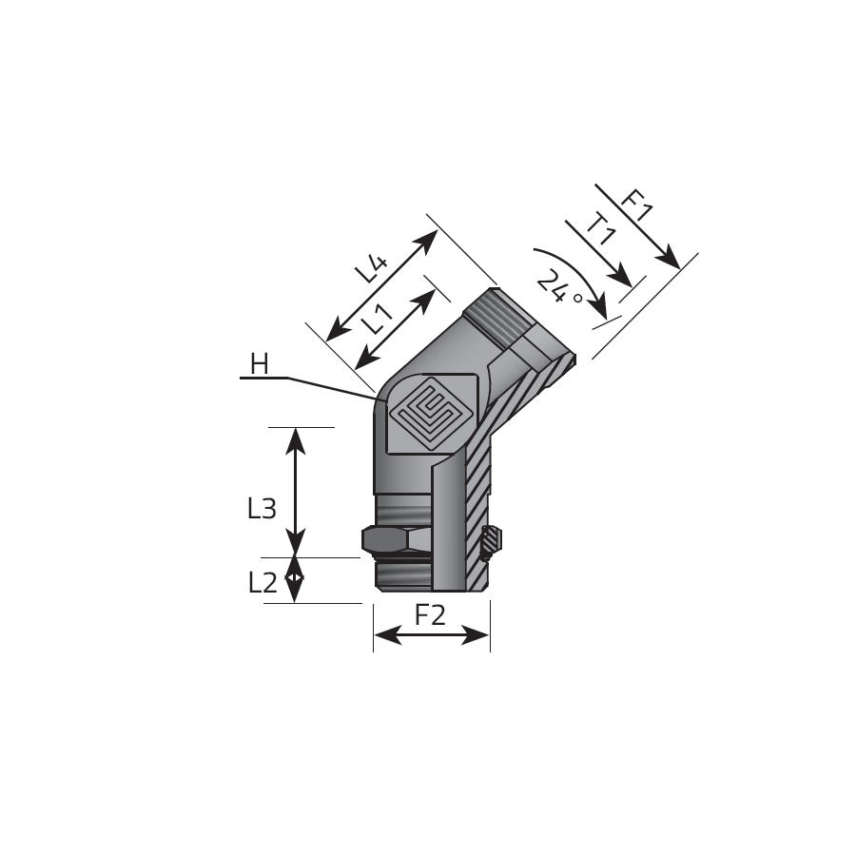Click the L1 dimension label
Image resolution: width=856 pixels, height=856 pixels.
coord(378,319)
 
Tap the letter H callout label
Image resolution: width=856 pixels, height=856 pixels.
coord(260,364)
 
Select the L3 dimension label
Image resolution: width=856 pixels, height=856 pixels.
coord(263,509)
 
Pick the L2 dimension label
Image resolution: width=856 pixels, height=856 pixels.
coord(263,583)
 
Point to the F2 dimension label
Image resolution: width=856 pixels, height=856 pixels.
coord(430,615)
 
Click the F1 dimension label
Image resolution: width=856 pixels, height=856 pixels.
coord(637,204)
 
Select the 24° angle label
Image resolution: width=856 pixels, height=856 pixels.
coord(558,287)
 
